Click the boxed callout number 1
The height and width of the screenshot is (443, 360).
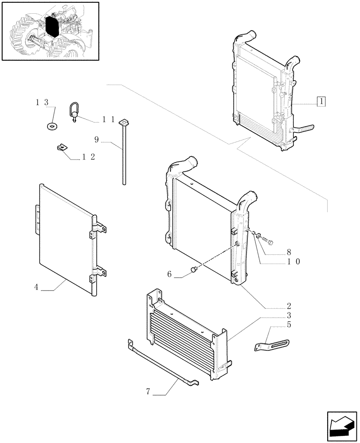(x=321, y=101)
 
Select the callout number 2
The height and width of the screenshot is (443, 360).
(x=289, y=306)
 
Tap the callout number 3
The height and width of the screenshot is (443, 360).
(x=289, y=315)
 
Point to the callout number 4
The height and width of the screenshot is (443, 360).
(x=36, y=287)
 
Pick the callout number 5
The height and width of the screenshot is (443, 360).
(x=289, y=325)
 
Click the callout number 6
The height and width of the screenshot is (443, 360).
(x=169, y=274)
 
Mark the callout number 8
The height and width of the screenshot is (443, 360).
(x=289, y=252)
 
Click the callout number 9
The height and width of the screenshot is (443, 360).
(x=96, y=140)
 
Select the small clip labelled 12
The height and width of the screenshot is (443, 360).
(x=62, y=148)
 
